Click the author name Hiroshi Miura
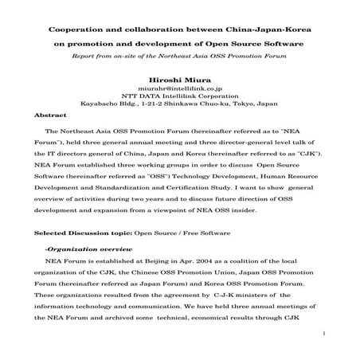(x=179, y=80)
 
